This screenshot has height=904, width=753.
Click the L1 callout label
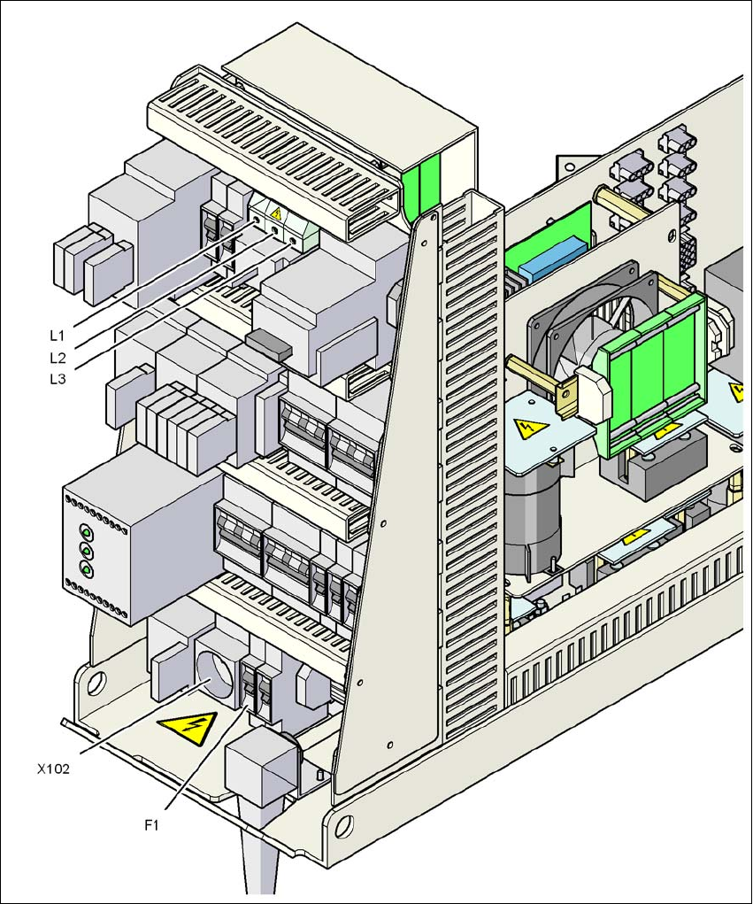58,336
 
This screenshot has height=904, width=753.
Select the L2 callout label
58,358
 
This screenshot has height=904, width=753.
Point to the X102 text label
54,769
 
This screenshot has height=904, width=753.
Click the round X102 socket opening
211,678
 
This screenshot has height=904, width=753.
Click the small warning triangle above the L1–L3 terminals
276,213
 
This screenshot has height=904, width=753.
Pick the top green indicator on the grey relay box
87,532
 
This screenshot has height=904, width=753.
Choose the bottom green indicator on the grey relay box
87,569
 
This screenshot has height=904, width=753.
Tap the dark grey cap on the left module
268,344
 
